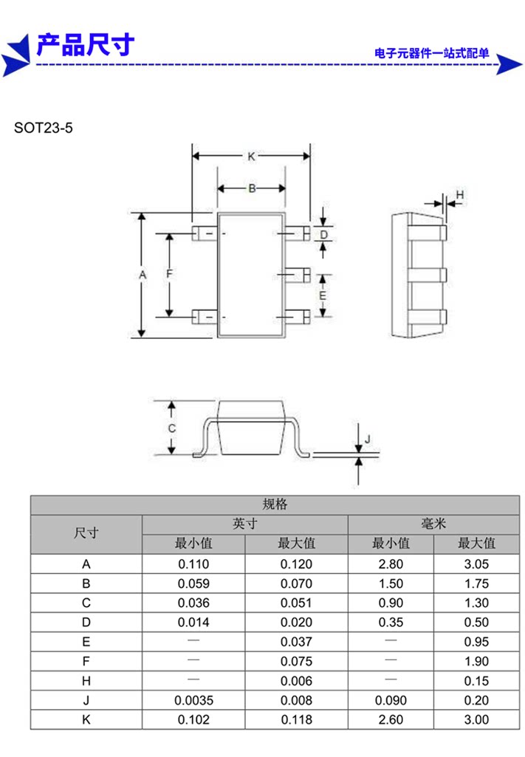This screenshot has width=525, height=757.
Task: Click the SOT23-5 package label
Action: coord(43,128)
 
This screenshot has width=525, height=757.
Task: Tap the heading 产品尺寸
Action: coord(86,45)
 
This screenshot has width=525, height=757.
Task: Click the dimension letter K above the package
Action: coord(251,157)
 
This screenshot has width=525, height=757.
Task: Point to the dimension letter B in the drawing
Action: coord(252,188)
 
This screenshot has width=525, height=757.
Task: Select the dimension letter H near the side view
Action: coord(460,195)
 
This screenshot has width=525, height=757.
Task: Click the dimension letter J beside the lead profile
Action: coord(368,439)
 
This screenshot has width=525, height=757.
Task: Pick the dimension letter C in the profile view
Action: coord(172,428)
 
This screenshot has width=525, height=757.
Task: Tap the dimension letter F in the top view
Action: coord(169,274)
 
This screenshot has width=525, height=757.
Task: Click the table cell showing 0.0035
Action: coord(193,701)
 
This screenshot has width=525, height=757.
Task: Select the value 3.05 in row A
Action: coord(476,564)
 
